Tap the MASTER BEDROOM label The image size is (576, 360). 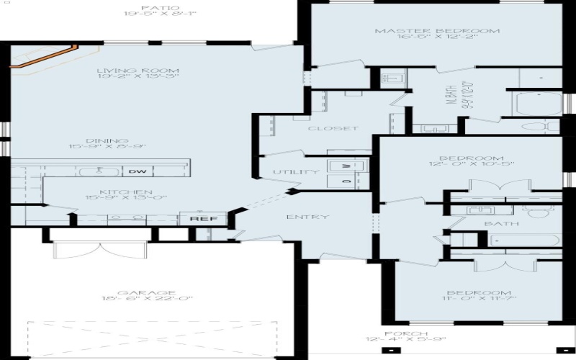click(x=438, y=31)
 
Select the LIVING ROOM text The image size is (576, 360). click(x=138, y=71)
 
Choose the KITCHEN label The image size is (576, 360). click(x=125, y=192)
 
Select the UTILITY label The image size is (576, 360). click(x=296, y=172)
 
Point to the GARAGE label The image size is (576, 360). click(x=137, y=293)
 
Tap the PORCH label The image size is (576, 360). click(x=406, y=334)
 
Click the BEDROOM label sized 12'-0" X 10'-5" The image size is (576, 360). click(x=472, y=158)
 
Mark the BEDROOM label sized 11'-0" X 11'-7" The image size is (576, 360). click(x=479, y=293)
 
